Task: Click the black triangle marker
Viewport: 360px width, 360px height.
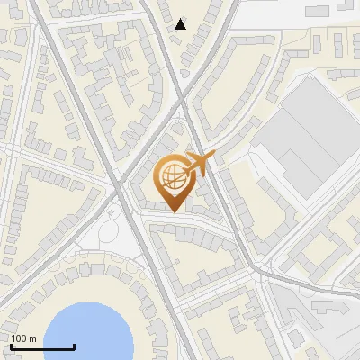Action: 181,24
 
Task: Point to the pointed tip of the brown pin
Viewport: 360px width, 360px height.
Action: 173,211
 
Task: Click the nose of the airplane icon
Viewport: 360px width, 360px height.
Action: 212,155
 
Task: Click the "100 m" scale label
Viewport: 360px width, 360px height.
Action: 23,338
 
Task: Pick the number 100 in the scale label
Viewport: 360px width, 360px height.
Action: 19,338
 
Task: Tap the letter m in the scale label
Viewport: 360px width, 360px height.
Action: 32,338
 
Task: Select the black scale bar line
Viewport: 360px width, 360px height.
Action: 42,346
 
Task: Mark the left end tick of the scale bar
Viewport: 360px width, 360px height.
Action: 11,345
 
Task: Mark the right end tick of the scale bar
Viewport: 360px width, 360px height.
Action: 74,345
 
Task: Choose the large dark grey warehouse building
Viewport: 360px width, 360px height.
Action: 310,135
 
